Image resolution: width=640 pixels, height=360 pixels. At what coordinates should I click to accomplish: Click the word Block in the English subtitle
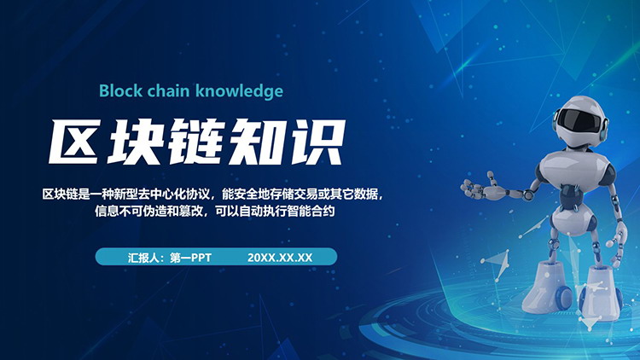click(x=120, y=90)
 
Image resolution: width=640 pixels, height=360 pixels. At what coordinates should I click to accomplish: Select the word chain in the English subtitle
click(x=169, y=90)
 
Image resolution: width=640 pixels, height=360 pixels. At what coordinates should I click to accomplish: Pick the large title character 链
click(x=196, y=142)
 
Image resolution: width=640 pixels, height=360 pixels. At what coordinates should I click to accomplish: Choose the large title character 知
click(x=255, y=142)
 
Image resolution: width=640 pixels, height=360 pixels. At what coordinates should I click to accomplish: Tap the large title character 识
click(x=316, y=142)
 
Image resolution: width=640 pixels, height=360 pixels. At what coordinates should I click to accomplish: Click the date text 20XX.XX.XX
click(x=280, y=258)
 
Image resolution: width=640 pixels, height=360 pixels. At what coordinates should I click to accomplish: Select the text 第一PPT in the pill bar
click(x=190, y=258)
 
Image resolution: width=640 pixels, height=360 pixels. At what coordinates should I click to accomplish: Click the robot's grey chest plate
click(x=573, y=170)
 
